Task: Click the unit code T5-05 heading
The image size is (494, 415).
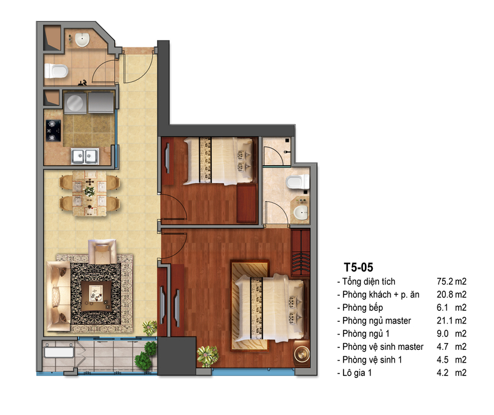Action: point(359,267)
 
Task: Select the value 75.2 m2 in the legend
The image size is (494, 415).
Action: point(451,282)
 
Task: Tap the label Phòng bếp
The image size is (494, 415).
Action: point(362,308)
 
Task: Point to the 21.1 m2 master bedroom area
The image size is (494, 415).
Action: point(451,321)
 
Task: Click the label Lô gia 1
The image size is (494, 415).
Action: point(357,373)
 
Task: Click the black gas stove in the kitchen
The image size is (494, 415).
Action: point(54,130)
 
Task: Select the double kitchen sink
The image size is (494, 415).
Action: point(85,156)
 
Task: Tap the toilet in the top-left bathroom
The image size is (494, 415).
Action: point(56,71)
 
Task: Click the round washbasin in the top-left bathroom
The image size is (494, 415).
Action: point(82,40)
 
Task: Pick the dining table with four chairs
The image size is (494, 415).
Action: point(90,193)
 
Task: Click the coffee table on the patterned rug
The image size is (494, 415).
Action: point(96,296)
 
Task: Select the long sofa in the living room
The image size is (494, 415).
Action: point(58,296)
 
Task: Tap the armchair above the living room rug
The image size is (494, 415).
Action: point(102,251)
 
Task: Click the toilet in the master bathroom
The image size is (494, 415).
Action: point(297,182)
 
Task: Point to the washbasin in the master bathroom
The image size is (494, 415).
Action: point(301,213)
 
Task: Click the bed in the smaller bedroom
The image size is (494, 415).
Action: point(219,161)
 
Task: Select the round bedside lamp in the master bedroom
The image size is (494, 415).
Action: point(302,353)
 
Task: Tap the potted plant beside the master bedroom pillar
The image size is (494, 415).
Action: point(208,356)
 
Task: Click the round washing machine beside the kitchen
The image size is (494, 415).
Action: point(75,102)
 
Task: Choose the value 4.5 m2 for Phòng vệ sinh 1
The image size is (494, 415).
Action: point(451,360)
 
